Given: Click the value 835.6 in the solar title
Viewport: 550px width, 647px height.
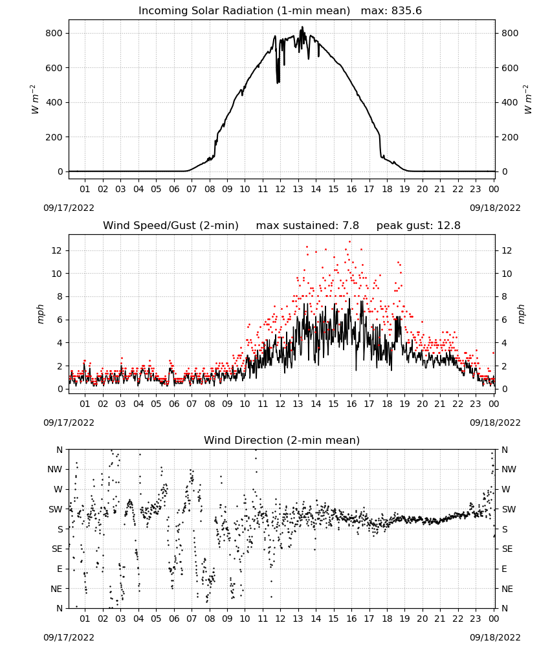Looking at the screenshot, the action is [x=406, y=11].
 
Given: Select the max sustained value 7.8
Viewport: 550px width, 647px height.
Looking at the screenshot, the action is [x=350, y=226].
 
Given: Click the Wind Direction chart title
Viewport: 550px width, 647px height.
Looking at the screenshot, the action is [x=282, y=440].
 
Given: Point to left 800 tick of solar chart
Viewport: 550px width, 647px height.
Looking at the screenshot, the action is [x=54, y=33].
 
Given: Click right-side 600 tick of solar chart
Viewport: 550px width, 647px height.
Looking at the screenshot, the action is [x=510, y=68].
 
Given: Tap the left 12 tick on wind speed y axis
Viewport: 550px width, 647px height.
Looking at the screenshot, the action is [x=57, y=250].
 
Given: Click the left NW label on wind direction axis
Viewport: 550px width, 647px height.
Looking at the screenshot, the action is [x=55, y=470].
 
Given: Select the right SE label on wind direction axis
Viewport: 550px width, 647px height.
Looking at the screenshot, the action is [x=507, y=549].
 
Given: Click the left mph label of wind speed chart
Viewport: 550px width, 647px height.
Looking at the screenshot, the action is [x=40, y=314].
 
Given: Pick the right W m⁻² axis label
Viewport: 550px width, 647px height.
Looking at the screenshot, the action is [x=528, y=100].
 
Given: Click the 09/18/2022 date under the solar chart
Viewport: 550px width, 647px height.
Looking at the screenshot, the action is [x=495, y=208].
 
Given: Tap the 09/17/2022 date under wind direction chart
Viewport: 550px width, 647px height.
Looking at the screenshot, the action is [x=69, y=637].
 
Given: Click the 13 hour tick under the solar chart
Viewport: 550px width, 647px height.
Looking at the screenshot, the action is [x=298, y=189].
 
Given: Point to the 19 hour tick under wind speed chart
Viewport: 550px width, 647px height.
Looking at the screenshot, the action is [x=404, y=404].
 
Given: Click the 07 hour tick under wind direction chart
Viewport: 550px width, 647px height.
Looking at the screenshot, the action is [x=192, y=619].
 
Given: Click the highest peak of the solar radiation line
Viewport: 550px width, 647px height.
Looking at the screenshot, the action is [x=302, y=27].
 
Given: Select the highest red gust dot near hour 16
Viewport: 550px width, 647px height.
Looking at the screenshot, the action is [x=350, y=242].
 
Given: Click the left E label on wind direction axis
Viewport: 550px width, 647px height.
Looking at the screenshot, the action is [x=60, y=569].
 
